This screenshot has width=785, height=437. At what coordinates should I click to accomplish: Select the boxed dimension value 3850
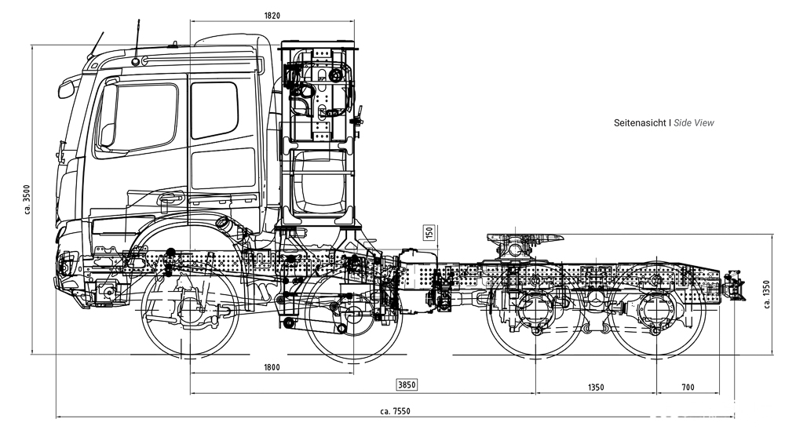coord(406,384)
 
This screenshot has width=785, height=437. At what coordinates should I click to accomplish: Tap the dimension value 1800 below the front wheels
coord(272,367)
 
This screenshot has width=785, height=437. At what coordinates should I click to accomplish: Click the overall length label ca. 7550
coord(395,411)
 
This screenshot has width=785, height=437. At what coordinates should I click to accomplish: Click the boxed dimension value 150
coord(429,233)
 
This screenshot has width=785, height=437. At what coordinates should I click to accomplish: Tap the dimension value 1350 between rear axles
coord(596,388)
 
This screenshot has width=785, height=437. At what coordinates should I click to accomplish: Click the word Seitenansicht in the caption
coord(640,123)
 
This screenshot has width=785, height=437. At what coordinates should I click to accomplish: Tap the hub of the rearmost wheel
coord(657,314)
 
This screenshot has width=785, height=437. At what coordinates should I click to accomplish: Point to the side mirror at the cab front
coord(67,87)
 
